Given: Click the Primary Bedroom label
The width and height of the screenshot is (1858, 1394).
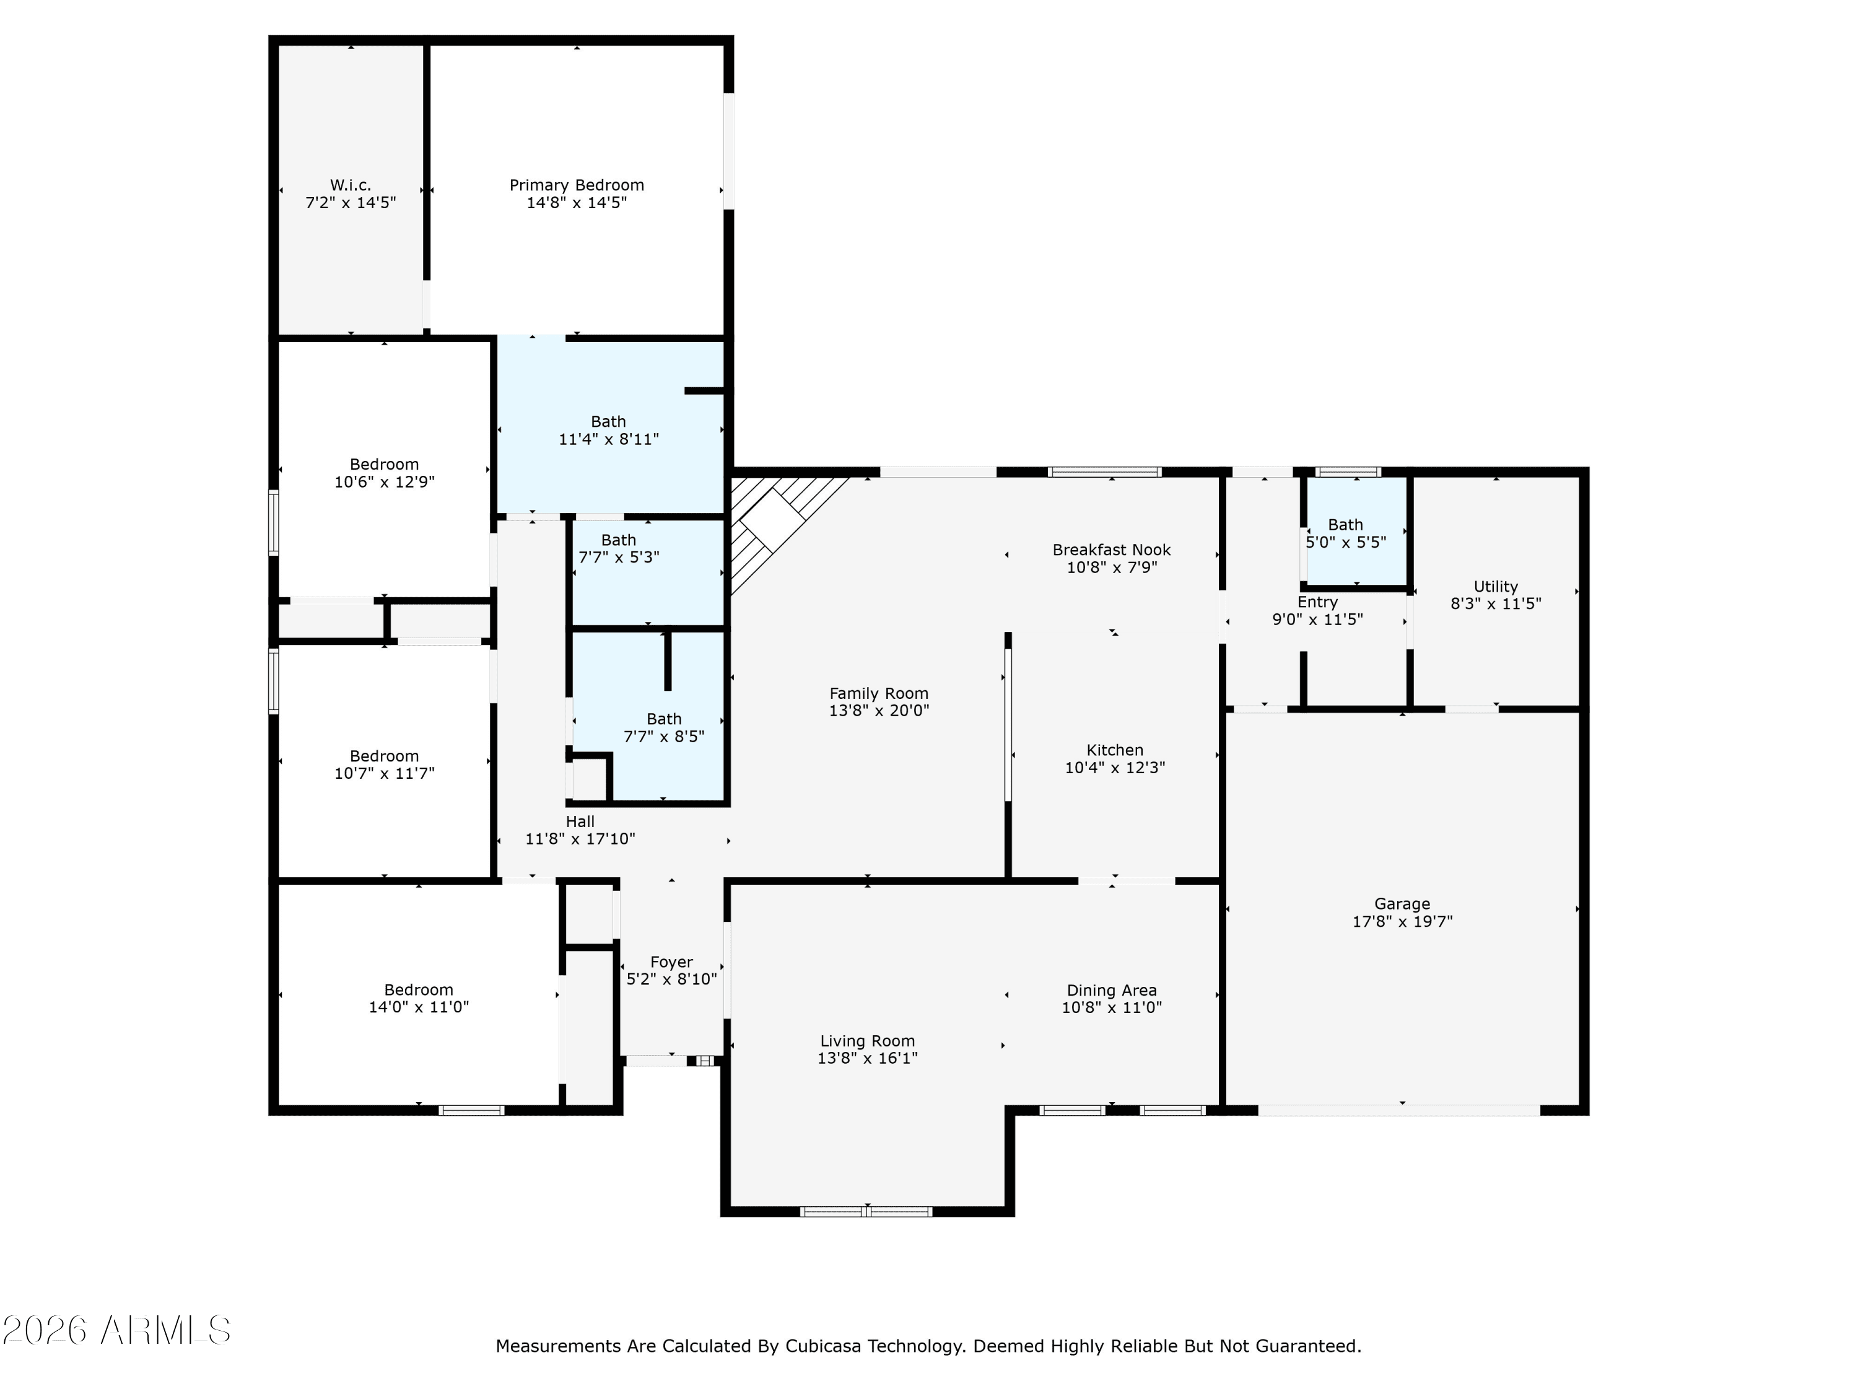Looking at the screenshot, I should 576,185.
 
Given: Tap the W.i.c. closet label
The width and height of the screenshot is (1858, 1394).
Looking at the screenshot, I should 351,185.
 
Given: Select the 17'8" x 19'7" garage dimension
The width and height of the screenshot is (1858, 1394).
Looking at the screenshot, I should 1402,921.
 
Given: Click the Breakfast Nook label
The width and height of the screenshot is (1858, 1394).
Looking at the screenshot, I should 1111,550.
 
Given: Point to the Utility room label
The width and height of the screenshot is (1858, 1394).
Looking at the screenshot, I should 1495,587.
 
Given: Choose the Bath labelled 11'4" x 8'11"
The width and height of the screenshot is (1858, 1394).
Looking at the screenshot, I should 608,430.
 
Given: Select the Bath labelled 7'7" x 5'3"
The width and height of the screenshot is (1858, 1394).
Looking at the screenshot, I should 618,548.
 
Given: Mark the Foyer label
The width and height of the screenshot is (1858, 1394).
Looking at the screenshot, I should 671,962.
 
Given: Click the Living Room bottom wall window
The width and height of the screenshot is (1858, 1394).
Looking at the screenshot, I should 866,1212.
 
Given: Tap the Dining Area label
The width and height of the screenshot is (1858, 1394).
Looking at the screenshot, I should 1111,991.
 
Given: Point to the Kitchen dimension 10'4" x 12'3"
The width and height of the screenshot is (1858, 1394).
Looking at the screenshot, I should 1115,767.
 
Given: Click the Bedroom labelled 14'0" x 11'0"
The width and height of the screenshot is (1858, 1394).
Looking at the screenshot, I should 418,998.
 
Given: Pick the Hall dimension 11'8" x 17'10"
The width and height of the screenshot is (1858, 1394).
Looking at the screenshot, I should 580,839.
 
